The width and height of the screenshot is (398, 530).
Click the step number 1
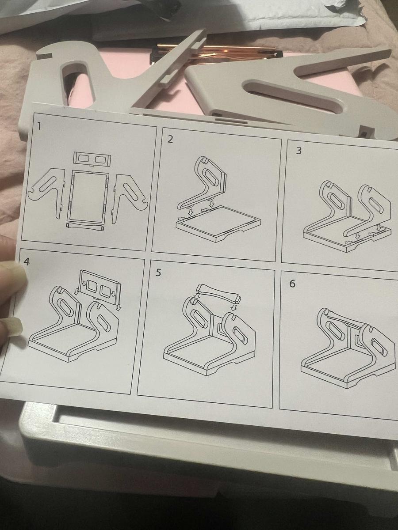pyautogui.click(x=39, y=127)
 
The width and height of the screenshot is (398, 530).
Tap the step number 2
pyautogui.click(x=170, y=140)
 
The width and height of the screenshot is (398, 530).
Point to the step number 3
pyautogui.click(x=298, y=151)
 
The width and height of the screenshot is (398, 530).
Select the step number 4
pyautogui.click(x=27, y=261)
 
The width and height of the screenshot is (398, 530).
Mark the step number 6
pyautogui.click(x=292, y=284)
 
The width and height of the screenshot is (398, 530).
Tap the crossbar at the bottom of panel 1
pyautogui.click(x=84, y=226)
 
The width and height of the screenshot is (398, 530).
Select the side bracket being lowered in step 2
pyautogui.click(x=203, y=182)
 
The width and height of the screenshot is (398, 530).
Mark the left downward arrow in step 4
pyautogui.click(x=77, y=291)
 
